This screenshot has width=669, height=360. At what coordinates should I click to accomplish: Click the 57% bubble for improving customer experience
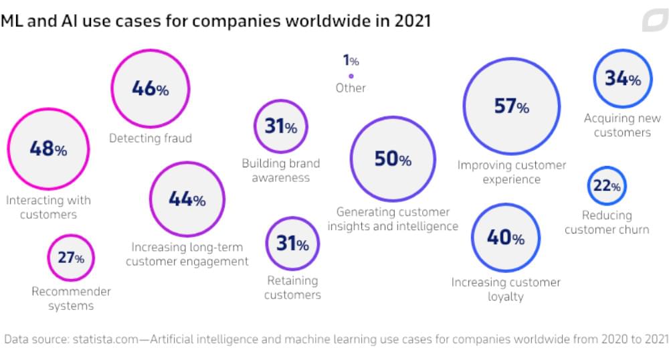tap(511, 106)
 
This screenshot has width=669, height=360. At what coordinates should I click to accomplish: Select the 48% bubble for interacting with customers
tap(47, 149)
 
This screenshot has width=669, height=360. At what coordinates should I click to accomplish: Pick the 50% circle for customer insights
tap(392, 159)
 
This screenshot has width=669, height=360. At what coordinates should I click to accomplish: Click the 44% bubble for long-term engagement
tap(187, 199)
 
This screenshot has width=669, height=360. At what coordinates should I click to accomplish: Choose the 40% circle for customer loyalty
tap(505, 237)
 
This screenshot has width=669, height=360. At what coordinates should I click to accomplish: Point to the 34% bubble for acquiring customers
tap(622, 78)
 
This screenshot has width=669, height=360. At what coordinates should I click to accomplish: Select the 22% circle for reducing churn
tap(607, 186)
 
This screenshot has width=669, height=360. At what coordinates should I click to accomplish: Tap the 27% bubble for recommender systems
tap(70, 257)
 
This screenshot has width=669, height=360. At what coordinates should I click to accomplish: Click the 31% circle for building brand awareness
tap(280, 126)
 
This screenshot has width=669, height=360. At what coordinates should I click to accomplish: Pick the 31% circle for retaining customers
tap(292, 244)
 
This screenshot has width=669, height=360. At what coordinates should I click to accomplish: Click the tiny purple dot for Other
tap(351, 76)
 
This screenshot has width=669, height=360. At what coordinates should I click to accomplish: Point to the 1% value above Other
tap(351, 61)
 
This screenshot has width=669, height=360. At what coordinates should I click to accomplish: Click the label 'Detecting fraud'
tap(151, 139)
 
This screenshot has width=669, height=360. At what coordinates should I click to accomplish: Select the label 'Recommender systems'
tap(71, 298)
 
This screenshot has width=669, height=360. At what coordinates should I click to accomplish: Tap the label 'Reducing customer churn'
tap(607, 222)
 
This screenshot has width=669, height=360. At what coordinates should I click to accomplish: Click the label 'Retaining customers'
tap(292, 288)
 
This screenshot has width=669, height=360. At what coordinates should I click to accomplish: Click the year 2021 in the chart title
tap(410, 21)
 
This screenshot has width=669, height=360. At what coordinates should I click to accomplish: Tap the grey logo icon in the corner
tap(654, 21)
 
